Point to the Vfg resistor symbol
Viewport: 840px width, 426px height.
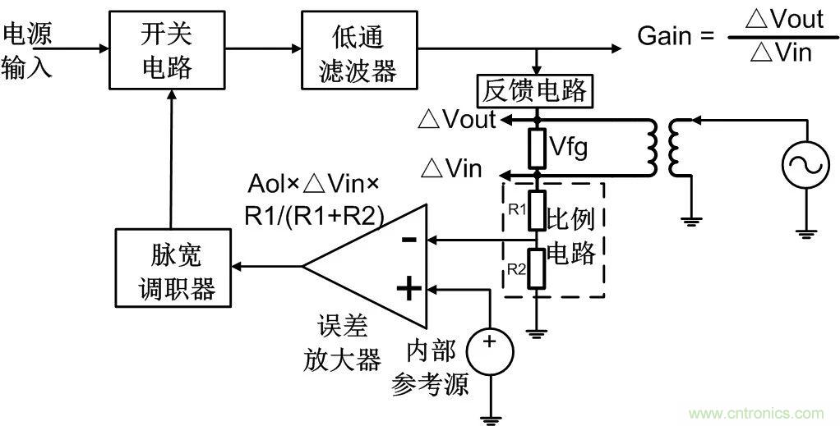(x=537, y=149)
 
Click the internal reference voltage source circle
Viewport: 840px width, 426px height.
(x=490, y=351)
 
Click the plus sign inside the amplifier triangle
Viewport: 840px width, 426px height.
(x=408, y=289)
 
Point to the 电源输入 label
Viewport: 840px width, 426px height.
(x=27, y=50)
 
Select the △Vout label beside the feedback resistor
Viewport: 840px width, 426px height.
(x=457, y=119)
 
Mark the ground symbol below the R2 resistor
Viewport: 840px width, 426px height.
(x=537, y=332)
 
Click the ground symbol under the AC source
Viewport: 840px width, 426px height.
(x=803, y=231)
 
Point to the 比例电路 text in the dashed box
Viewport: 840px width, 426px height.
(x=570, y=235)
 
